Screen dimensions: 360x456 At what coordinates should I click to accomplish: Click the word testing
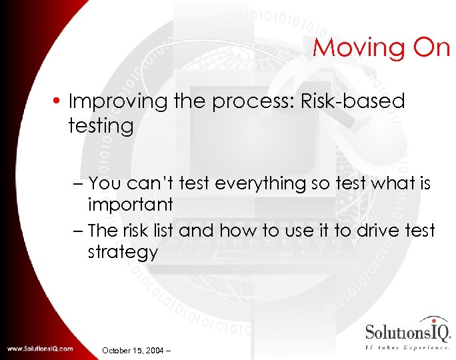pos(101,125)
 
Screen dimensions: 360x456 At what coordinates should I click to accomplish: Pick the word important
pos(130,205)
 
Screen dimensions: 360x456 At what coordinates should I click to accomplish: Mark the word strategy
pos(123,253)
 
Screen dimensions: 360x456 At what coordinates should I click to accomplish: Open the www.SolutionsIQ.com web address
pos(41,348)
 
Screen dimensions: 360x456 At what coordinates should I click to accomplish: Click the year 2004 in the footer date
pos(157,350)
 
